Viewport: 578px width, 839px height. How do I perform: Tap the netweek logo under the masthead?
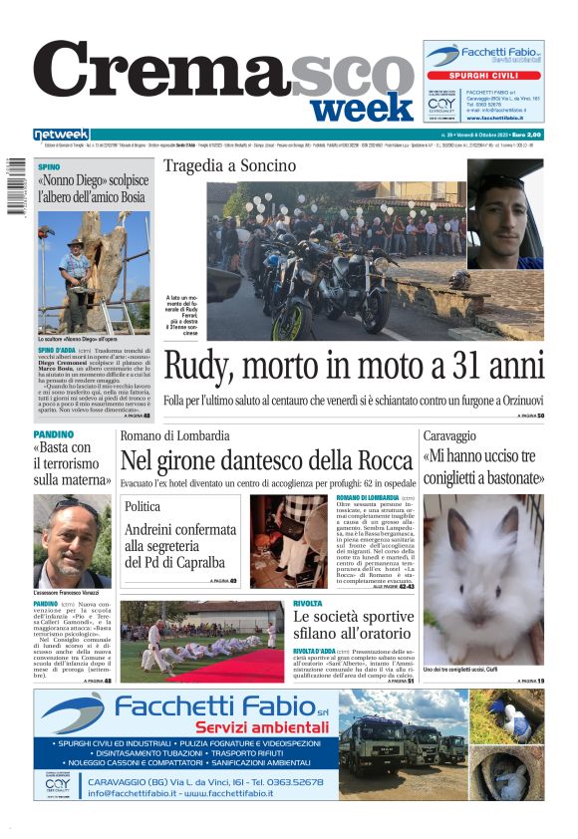[61, 135]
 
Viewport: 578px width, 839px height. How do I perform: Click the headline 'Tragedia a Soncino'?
[229, 164]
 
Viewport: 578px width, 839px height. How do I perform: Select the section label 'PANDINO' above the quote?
[53, 435]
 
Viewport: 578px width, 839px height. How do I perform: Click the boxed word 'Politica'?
[143, 506]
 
